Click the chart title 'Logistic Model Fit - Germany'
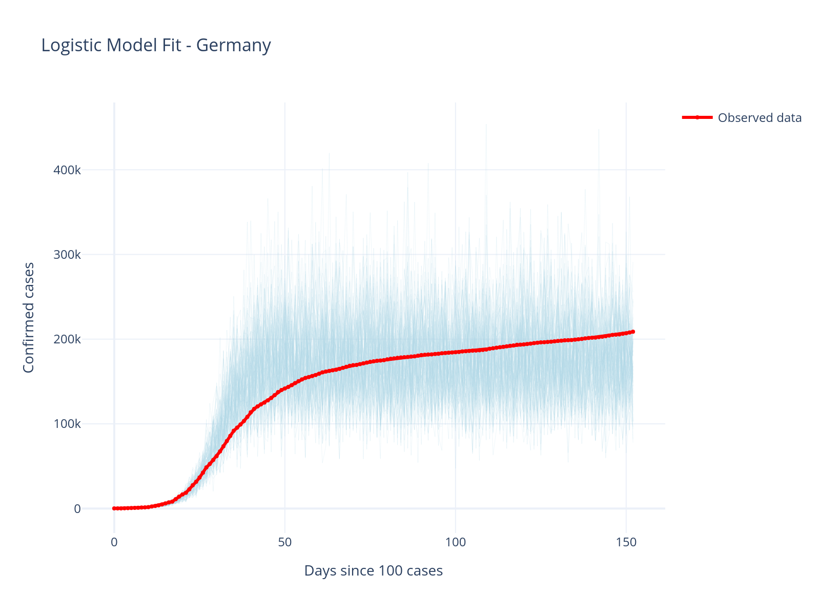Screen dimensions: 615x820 pyautogui.click(x=156, y=46)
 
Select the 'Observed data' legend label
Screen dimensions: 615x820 pyautogui.click(x=760, y=118)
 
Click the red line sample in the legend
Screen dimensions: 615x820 pyautogui.click(x=697, y=117)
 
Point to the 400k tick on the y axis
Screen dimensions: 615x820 pyautogui.click(x=67, y=170)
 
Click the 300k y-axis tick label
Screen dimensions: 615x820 pyautogui.click(x=67, y=255)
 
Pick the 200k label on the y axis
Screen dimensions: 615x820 pyautogui.click(x=67, y=339)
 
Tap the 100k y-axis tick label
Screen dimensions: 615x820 pyautogui.click(x=67, y=424)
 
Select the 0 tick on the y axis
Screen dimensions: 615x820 pyautogui.click(x=77, y=509)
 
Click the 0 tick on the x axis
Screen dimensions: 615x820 pyautogui.click(x=114, y=542)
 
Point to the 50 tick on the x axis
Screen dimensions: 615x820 pyautogui.click(x=285, y=542)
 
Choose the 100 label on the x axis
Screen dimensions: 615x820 pyautogui.click(x=456, y=542)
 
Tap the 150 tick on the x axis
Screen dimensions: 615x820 pyautogui.click(x=626, y=542)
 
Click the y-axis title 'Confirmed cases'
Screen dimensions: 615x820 pyautogui.click(x=29, y=318)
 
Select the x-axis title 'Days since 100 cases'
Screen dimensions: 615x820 pyautogui.click(x=373, y=570)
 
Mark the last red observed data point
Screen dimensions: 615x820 pyautogui.click(x=633, y=332)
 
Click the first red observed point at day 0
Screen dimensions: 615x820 pyautogui.click(x=114, y=508)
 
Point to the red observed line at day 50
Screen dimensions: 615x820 pyautogui.click(x=285, y=388)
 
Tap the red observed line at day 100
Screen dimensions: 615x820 pyautogui.click(x=456, y=352)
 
